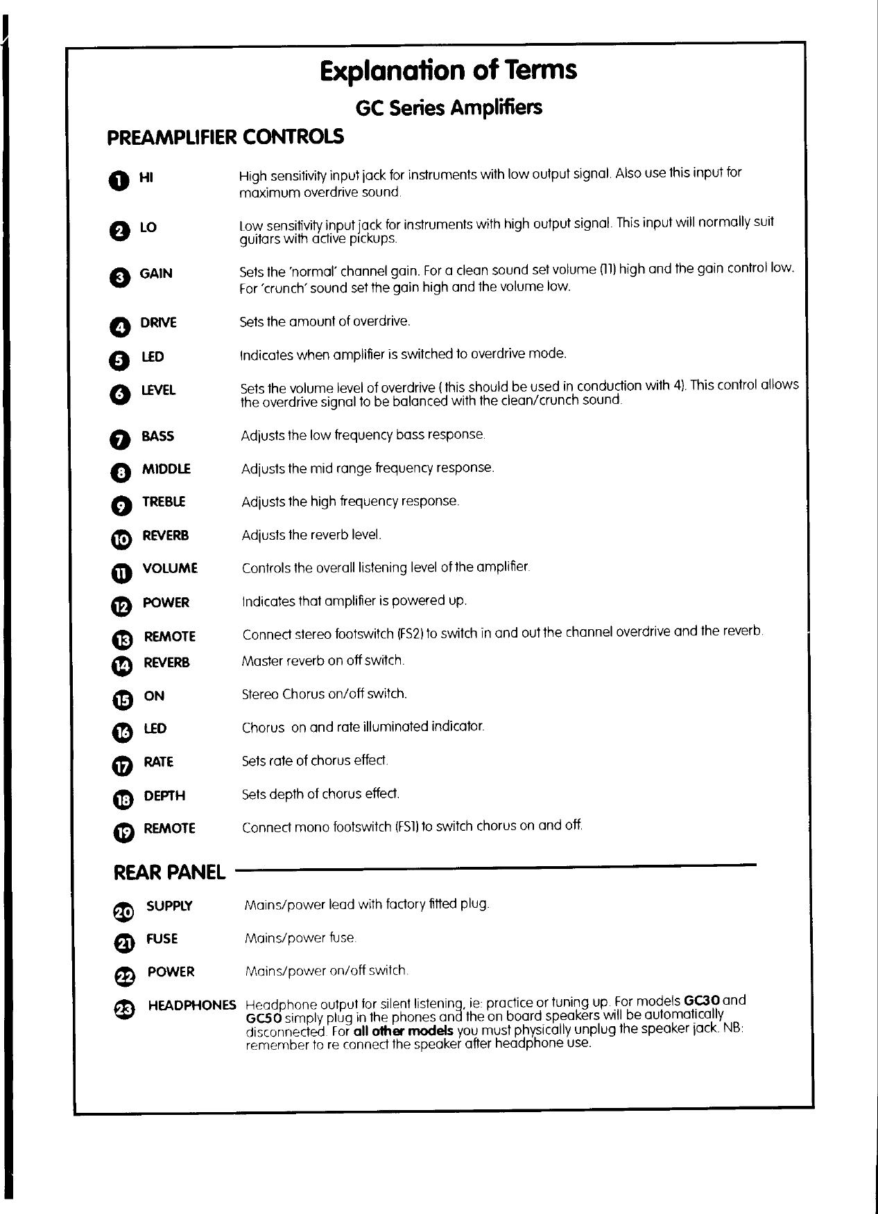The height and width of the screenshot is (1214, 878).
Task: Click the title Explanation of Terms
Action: [x=448, y=70]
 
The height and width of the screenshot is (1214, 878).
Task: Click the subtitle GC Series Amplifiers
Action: [x=448, y=108]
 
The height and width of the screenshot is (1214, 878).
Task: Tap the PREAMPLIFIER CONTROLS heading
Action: [x=225, y=137]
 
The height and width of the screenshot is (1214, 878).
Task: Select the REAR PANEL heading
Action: [x=169, y=872]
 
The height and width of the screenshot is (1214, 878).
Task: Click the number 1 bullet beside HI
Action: [x=119, y=180]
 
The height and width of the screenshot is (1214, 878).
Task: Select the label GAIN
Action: [x=156, y=273]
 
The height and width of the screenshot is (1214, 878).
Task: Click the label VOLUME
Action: [x=170, y=568]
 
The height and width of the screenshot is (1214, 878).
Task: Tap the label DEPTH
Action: [x=164, y=795]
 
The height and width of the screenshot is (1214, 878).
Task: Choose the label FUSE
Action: [x=162, y=939]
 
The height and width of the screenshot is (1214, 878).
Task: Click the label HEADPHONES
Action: [x=192, y=1005]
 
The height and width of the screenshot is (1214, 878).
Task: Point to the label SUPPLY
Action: [x=169, y=906]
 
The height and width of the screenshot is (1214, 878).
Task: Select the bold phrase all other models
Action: [x=404, y=1031]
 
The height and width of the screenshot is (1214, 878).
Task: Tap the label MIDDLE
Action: [x=166, y=469]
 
